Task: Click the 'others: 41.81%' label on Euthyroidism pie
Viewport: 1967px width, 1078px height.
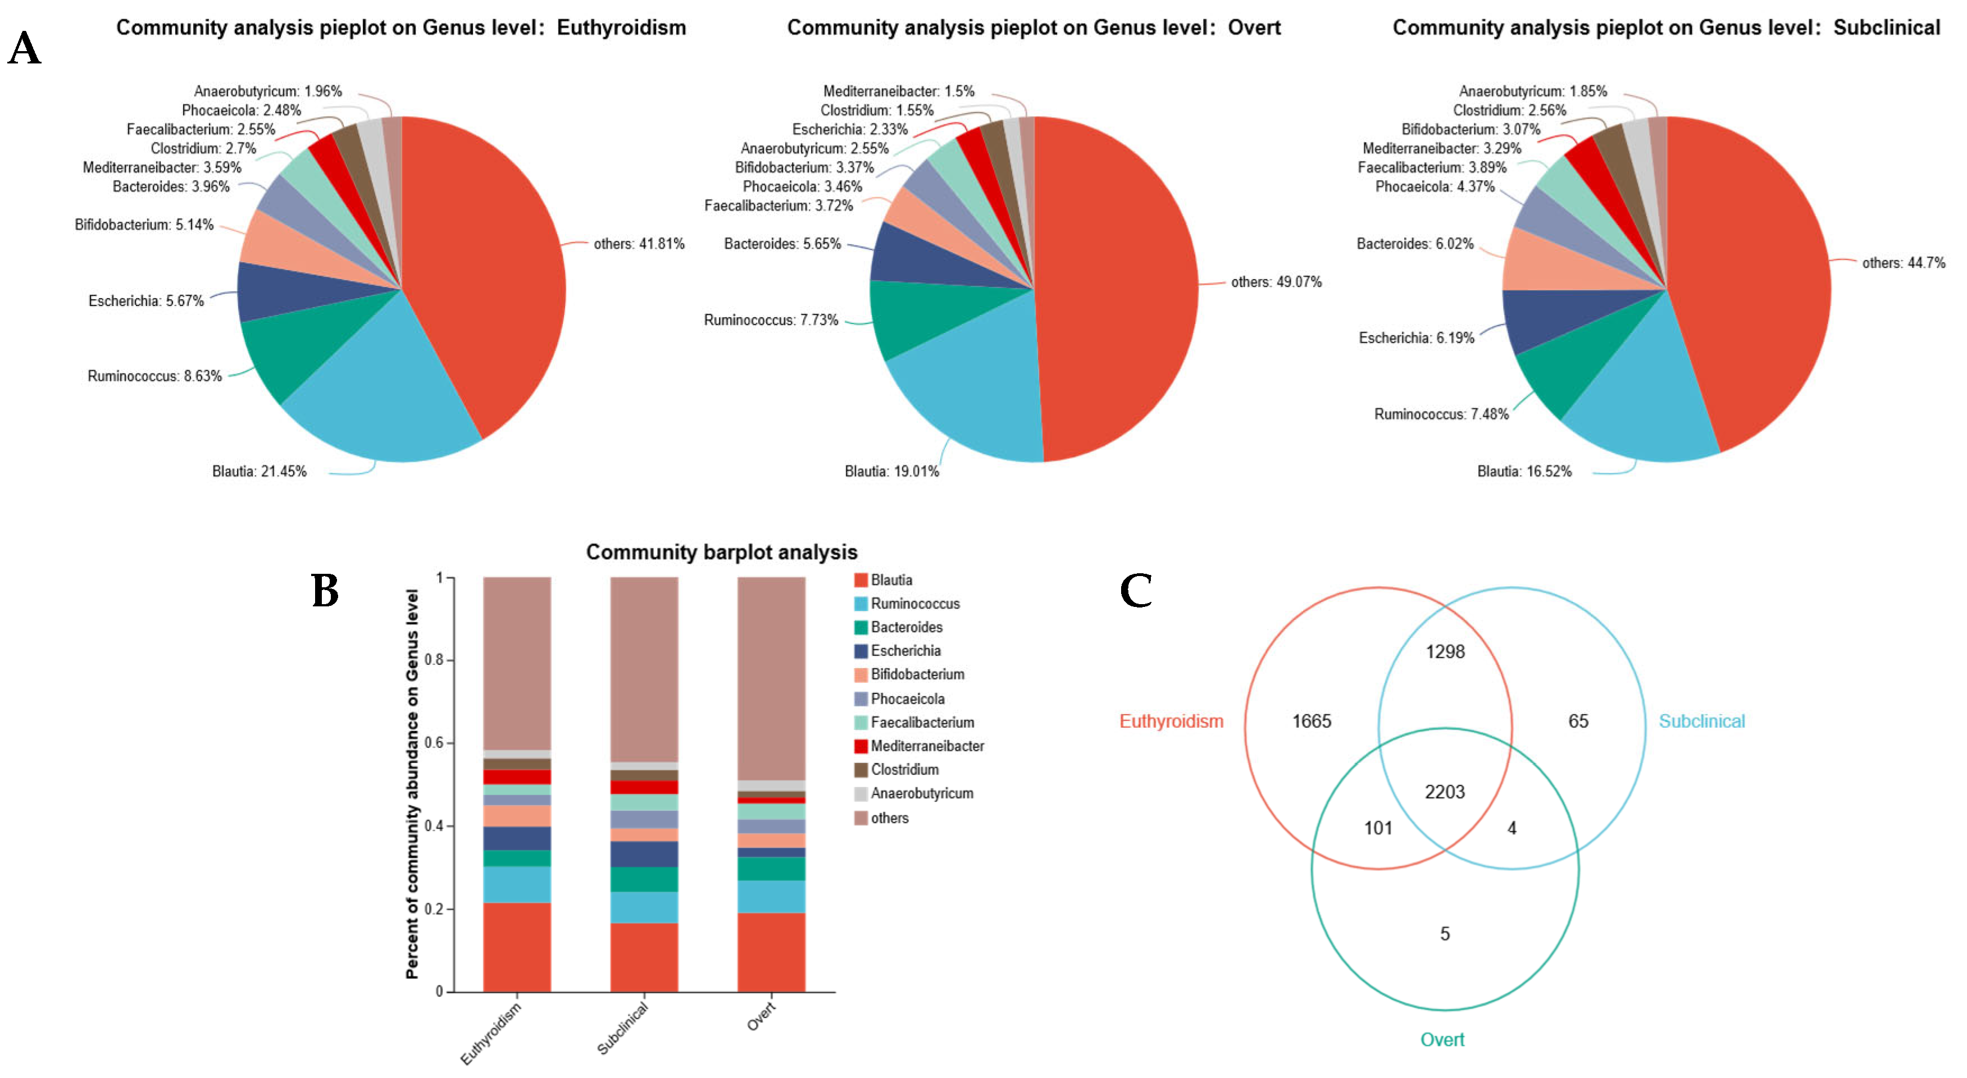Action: (x=639, y=244)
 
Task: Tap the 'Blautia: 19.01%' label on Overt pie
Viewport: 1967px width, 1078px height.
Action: (x=891, y=471)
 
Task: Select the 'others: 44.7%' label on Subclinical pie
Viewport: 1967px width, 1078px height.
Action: (x=1903, y=263)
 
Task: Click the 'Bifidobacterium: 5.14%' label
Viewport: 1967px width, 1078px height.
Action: (x=144, y=225)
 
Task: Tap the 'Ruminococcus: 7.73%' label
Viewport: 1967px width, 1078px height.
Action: (x=771, y=320)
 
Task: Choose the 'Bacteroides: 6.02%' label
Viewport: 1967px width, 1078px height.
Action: (x=1414, y=244)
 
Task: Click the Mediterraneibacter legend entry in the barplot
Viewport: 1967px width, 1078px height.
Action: (x=926, y=746)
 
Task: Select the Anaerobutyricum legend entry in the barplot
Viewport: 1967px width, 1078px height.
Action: (x=921, y=793)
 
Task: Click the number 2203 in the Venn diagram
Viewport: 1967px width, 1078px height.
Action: (x=1444, y=792)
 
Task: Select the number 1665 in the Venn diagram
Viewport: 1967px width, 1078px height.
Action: (x=1311, y=721)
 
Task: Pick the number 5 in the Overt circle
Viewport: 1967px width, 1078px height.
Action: (x=1444, y=934)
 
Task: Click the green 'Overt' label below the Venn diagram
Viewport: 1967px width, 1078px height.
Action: (x=1442, y=1039)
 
